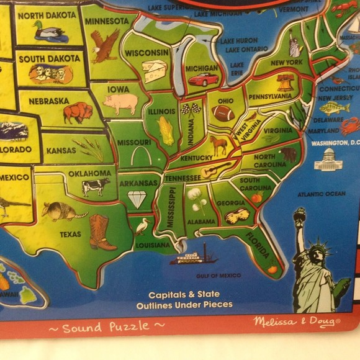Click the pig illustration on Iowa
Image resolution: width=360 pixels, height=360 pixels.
point(120,104)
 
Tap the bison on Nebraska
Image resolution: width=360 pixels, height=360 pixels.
point(78,112)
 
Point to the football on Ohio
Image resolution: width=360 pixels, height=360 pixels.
point(222,113)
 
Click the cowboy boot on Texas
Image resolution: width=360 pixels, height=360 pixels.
point(101,232)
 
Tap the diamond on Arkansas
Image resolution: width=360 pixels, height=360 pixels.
point(137,198)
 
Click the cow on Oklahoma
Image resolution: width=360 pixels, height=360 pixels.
point(96,186)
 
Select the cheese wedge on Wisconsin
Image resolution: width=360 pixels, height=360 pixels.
point(153,70)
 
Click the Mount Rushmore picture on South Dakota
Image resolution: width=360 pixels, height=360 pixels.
point(50,74)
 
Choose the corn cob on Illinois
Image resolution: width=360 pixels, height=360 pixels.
point(166,131)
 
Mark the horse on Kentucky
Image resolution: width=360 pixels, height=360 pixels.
point(218,146)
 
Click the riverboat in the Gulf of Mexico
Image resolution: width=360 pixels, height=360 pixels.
point(192,255)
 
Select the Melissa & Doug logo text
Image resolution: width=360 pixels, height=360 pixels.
point(297,322)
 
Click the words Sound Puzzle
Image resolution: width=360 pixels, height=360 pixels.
point(107,326)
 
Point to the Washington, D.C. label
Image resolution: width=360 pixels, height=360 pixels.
point(335,142)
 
